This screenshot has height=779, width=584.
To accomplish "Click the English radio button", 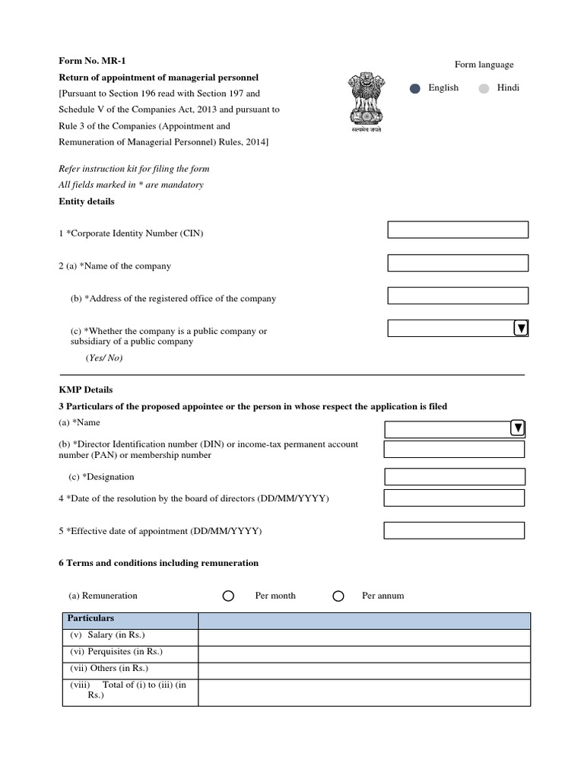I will (x=414, y=88).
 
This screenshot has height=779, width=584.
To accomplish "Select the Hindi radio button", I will (x=484, y=88).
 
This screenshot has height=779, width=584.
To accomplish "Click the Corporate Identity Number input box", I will (x=458, y=230).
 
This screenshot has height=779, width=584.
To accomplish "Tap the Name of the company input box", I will (x=458, y=263).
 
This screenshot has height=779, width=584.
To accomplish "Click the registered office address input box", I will (x=458, y=295).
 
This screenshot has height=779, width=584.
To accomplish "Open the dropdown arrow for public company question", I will (x=521, y=328).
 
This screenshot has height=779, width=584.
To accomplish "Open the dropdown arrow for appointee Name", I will (x=518, y=428).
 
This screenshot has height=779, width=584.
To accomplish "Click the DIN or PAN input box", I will (x=454, y=450).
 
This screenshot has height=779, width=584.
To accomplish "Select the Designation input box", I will (x=455, y=477).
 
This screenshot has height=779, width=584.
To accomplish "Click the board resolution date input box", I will (x=454, y=498).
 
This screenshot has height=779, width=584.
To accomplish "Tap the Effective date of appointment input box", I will (x=454, y=530).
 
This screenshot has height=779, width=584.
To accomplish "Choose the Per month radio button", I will (x=228, y=596).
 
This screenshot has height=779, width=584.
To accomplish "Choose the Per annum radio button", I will (x=338, y=596).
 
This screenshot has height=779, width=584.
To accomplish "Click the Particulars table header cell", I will (x=129, y=620).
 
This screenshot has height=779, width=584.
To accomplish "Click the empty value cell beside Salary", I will (x=364, y=637).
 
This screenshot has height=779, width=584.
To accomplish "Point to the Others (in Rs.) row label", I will (x=109, y=669).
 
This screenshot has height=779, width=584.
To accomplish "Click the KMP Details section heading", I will (x=86, y=389).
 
